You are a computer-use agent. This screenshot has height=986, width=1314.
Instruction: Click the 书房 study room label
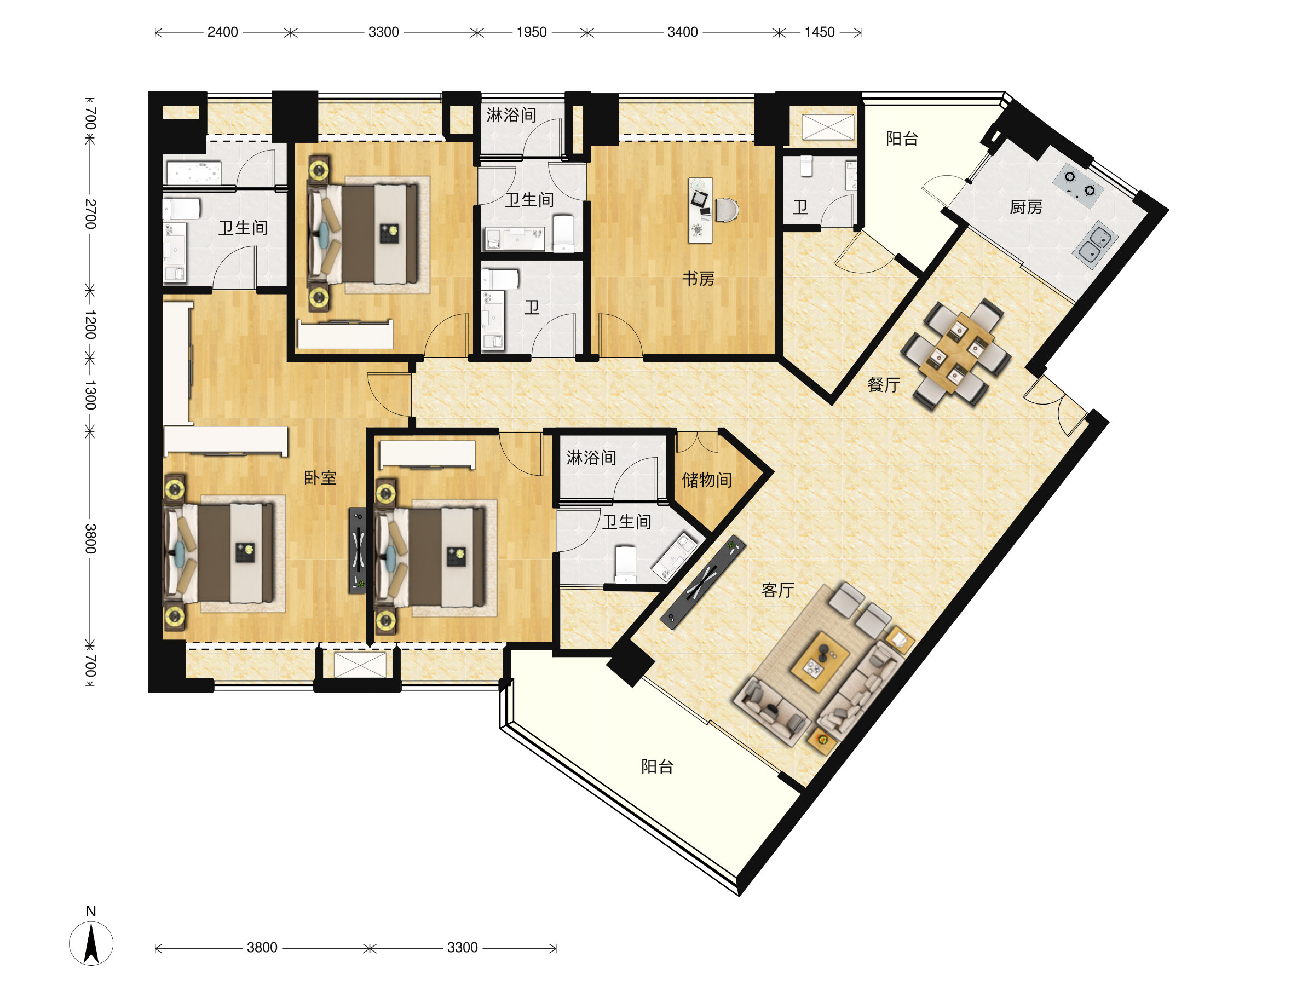pos(698,279)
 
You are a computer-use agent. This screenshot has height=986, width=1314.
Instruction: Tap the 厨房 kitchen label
pos(1026,207)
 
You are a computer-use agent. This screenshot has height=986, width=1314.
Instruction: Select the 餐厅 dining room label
pos(883,385)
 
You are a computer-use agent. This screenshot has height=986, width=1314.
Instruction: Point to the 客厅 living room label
pos(777,590)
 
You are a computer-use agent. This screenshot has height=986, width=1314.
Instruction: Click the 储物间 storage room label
pos(706,480)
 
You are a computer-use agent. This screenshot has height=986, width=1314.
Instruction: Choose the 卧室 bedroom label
pos(320,477)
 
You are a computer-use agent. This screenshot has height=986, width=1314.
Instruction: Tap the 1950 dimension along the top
pos(532,32)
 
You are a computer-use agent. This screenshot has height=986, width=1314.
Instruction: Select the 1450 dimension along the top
pos(820,32)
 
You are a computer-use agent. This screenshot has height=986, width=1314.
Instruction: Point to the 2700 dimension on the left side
pos(90,214)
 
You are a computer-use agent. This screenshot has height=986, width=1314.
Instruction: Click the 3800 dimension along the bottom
pos(262,947)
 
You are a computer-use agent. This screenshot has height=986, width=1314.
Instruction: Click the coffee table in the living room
pos(820,662)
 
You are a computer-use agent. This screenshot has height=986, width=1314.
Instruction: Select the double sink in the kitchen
pos(1095,245)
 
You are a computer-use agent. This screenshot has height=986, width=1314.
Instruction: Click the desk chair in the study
pos(727,210)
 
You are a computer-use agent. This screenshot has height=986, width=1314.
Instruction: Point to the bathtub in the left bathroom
pos(194,172)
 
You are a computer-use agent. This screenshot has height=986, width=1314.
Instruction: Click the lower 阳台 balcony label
pos(657,766)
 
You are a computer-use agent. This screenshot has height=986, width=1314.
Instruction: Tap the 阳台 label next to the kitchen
pos(902,139)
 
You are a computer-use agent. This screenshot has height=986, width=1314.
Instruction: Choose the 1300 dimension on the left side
pos(90,396)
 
